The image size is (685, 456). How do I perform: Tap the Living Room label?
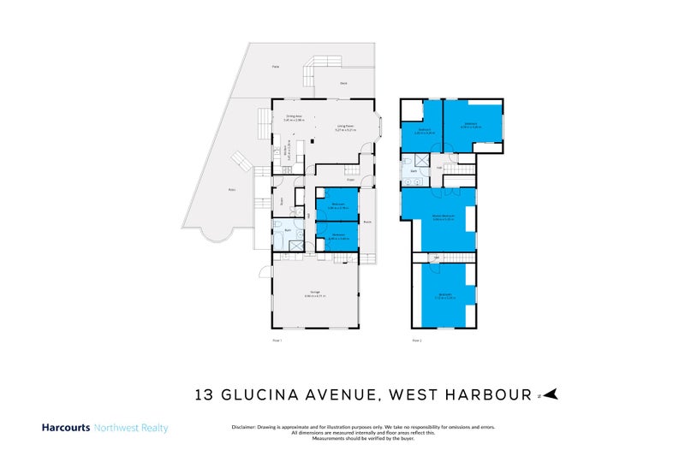pos(346,127)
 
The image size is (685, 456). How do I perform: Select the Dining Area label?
pos(294,116)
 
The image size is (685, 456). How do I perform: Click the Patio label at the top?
pos(276,66)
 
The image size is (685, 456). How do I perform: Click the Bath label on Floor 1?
pos(289,230)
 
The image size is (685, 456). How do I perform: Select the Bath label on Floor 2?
pos(414,171)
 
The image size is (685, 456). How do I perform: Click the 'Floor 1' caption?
pos(276,341)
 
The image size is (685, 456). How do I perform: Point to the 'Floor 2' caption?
pos(416,341)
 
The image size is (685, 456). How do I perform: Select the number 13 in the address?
pos(204,394)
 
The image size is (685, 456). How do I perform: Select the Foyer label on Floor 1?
pos(351,180)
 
